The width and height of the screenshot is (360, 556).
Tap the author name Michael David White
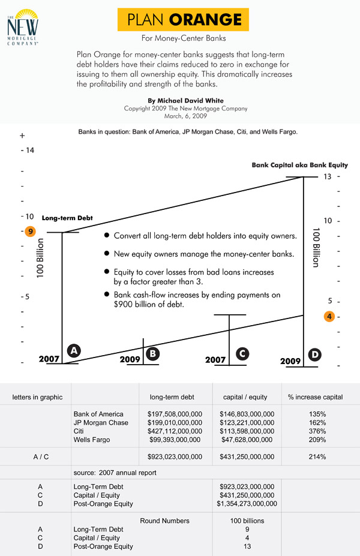(x=185, y=101)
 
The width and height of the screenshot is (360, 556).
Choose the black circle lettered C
(x=242, y=354)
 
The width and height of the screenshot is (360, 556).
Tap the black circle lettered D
(x=314, y=355)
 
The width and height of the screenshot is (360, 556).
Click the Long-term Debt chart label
(x=67, y=218)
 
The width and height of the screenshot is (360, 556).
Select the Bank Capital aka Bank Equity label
(x=299, y=165)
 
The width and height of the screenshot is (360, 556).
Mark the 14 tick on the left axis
(x=29, y=150)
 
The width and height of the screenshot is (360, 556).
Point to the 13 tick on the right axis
(x=328, y=177)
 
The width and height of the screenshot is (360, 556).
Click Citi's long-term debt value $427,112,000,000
(x=175, y=431)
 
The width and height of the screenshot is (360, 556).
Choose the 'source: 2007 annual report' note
(x=115, y=473)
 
